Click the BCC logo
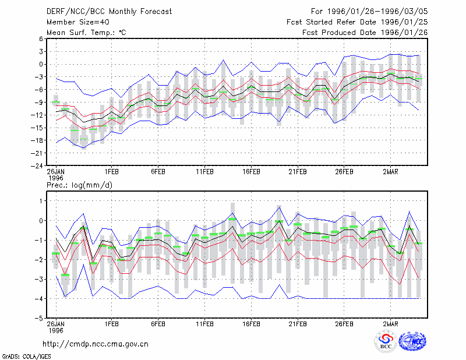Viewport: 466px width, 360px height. pos(386,342)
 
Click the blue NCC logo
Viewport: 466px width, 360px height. pos(412,341)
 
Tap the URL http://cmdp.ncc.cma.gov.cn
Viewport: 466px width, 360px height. pos(96,344)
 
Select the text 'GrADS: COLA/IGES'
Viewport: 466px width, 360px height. pos(26,357)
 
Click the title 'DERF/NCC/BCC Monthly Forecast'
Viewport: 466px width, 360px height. pos(109,12)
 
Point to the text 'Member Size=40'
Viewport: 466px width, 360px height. pos(78,22)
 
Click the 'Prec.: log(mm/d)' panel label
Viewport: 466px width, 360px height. pos(79,185)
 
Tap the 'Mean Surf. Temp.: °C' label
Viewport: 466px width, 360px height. pos(86,33)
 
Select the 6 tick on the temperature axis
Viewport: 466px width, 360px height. pos(41,38)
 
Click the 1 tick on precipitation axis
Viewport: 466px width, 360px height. pos(41,201)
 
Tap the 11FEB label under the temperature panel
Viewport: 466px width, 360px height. pos(204,172)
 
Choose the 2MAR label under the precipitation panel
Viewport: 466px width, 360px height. pos(390,324)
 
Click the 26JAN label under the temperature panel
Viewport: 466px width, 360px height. pos(55,172)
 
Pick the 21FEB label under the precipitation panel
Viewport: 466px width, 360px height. pos(298,324)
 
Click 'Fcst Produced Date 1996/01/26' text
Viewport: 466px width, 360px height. pos(365,33)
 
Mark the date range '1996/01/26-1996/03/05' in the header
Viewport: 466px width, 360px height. pos(377,12)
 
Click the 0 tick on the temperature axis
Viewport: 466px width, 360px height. pos(41,64)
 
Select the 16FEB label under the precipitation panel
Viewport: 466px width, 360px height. pos(251,324)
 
